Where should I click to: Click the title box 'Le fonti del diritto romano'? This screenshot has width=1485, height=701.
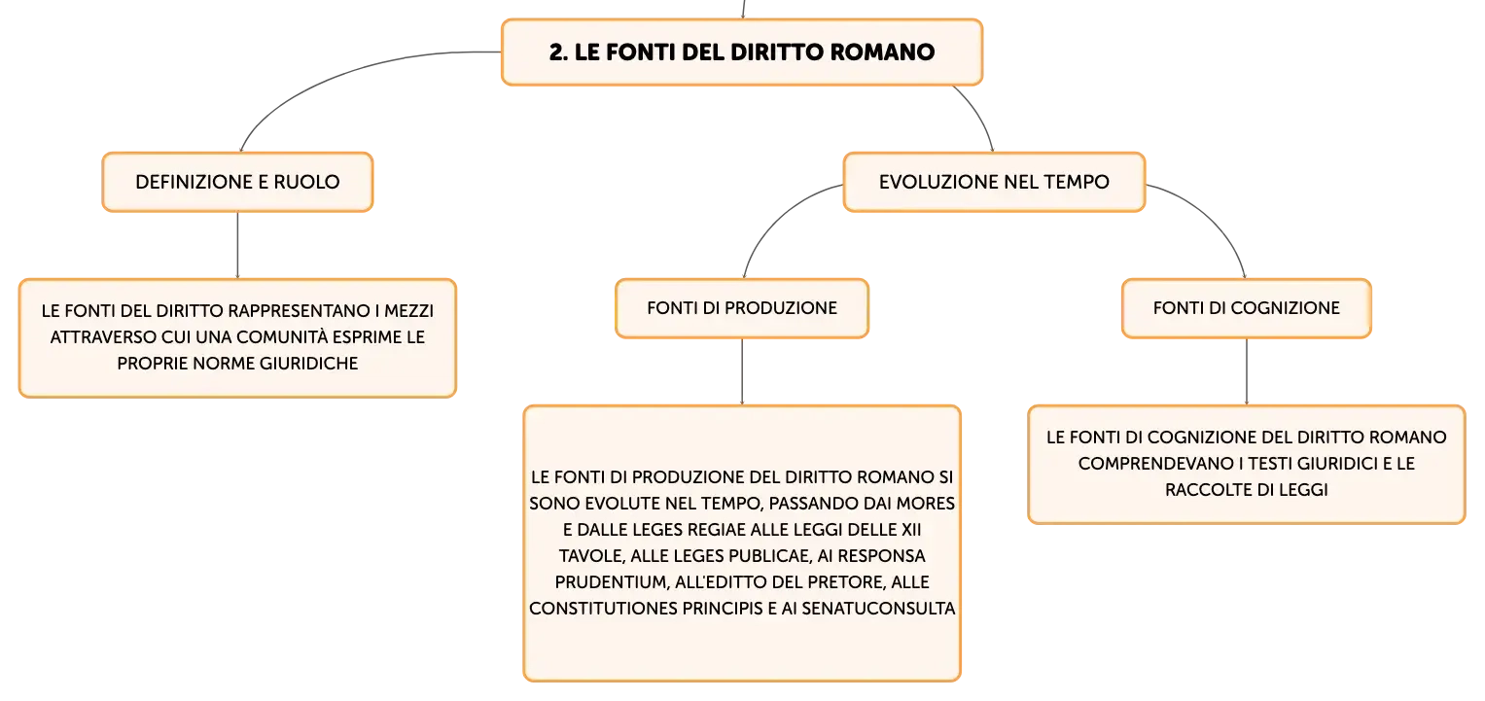(x=742, y=53)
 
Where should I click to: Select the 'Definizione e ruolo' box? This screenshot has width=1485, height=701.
(x=237, y=182)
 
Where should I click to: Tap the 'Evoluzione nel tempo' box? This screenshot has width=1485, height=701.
(x=994, y=182)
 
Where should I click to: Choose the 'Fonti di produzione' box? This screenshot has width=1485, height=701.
(x=742, y=309)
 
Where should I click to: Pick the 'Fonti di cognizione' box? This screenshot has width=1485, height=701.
(x=1247, y=309)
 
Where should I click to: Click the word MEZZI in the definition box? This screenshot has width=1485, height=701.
(x=408, y=311)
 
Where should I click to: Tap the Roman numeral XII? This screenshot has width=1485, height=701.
(x=911, y=529)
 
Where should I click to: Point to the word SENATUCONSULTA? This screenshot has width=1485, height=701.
(x=878, y=609)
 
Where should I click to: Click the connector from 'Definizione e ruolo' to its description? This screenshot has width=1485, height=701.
(x=237, y=245)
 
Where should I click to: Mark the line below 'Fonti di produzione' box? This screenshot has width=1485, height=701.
(x=742, y=371)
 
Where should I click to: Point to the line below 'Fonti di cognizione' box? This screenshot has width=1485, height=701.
(x=1247, y=371)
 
